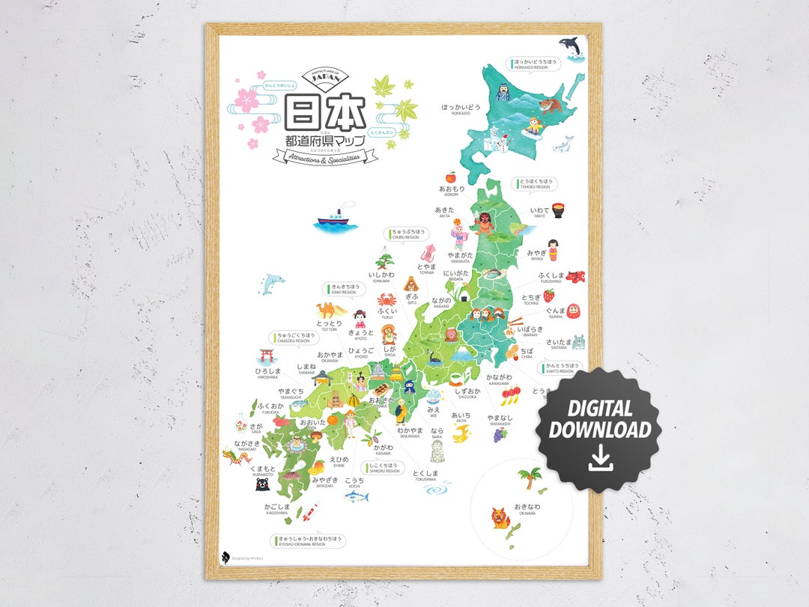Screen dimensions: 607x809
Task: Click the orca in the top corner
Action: tap(572, 45)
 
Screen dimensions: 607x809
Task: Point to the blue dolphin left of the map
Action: tap(272, 284)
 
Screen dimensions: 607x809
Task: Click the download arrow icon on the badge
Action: tap(600, 458)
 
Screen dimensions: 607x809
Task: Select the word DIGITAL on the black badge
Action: tap(599, 409)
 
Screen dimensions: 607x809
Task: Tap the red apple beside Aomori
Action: tap(451, 177)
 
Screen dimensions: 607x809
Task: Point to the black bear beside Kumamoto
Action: tap(262, 484)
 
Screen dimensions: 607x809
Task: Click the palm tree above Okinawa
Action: tap(529, 477)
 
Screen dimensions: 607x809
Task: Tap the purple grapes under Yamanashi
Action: tap(500, 434)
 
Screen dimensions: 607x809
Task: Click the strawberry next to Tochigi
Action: tap(548, 296)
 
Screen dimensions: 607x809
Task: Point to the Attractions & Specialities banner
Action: tap(326, 156)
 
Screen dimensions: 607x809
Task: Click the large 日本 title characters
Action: tap(327, 113)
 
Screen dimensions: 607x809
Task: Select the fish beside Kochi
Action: tap(357, 495)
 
